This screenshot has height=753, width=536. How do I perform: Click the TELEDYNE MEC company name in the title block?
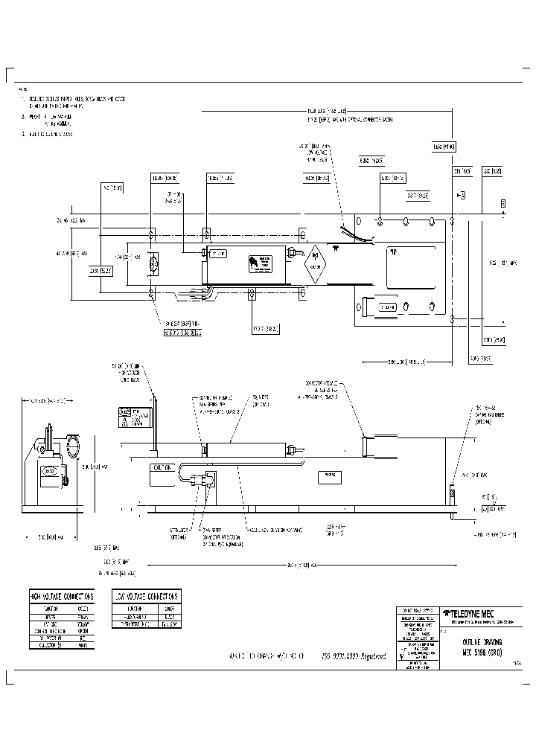click(x=477, y=613)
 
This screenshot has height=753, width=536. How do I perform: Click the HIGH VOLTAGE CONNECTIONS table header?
click(x=62, y=597)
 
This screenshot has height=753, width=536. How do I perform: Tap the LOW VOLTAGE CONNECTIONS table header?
click(x=146, y=597)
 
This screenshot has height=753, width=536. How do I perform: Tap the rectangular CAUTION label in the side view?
click(x=165, y=469)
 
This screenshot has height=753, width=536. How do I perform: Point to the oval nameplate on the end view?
click(x=50, y=471)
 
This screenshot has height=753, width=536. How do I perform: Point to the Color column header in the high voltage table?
click(x=82, y=606)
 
